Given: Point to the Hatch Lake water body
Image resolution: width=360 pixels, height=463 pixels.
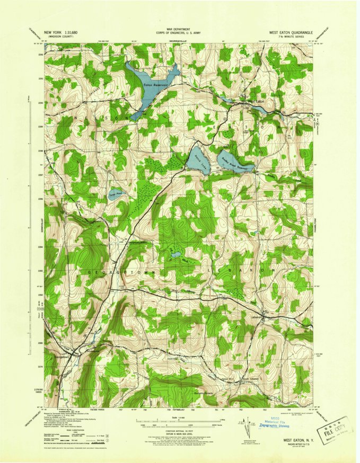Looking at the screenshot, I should click(x=199, y=159).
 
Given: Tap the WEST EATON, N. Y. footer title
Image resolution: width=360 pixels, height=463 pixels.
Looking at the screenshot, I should click(x=300, y=439).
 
